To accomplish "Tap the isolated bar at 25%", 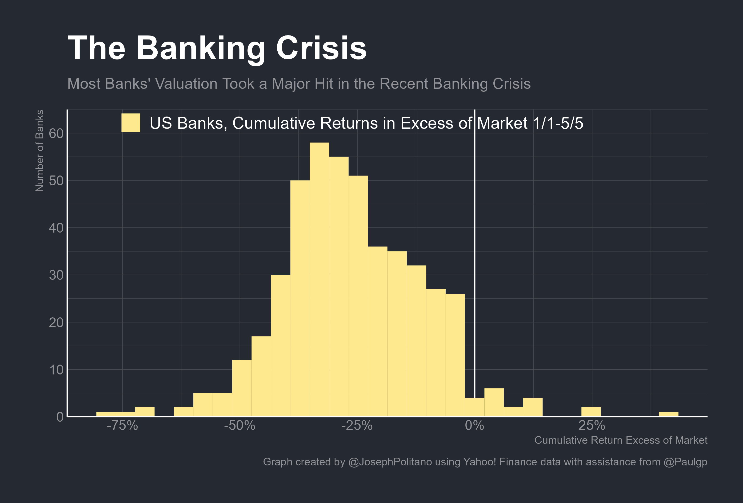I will [591, 412].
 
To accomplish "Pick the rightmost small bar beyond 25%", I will [669, 414].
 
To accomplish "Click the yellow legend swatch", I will [131, 123].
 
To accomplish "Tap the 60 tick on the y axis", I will [56, 134].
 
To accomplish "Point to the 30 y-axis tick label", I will [56, 275].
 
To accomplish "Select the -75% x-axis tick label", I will [122, 426].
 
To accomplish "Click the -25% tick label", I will [357, 426].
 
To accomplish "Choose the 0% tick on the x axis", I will [474, 426].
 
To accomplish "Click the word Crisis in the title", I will [321, 48].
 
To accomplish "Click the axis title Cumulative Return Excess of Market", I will [621, 440].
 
